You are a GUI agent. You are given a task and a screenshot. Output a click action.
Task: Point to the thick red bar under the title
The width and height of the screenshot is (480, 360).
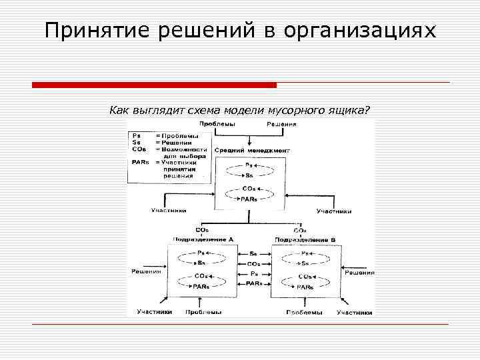click(x=154, y=85)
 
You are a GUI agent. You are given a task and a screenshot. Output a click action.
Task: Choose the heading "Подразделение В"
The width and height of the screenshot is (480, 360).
click(x=303, y=239)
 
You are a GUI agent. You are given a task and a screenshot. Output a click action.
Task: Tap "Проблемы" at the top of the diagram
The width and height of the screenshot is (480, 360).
click(x=217, y=125)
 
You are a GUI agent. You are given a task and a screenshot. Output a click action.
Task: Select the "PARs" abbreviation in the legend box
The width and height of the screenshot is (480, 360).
click(x=140, y=162)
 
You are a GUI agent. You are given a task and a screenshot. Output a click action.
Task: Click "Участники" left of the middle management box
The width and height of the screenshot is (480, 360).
click(x=168, y=211)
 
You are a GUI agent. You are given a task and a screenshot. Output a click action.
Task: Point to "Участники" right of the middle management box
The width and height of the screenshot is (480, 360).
click(x=333, y=211)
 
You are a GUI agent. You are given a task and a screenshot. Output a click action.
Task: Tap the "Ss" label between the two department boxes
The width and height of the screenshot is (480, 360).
click(x=253, y=254)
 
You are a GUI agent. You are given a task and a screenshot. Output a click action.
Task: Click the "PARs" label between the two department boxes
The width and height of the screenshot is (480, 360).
click(x=253, y=283)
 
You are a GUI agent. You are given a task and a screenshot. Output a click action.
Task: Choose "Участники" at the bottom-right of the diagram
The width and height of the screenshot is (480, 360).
click(x=354, y=311)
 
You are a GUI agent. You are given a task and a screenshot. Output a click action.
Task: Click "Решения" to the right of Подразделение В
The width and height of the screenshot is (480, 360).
click(x=359, y=273)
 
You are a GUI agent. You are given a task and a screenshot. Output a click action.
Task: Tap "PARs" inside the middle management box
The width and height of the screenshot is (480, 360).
click(x=249, y=199)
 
